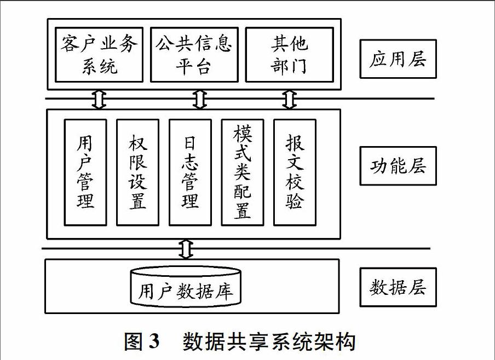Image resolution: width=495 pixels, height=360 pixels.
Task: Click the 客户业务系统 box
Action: (x=99, y=55)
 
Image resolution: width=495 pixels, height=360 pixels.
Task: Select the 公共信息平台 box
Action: (x=194, y=55)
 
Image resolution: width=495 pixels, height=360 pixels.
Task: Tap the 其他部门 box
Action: (x=290, y=55)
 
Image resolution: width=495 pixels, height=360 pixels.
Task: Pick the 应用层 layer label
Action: (x=398, y=59)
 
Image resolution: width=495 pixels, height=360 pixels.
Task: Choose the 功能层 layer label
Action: (x=398, y=166)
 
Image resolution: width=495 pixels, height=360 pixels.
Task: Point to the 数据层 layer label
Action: (x=398, y=287)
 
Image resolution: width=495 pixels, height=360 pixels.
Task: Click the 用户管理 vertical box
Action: (x=85, y=172)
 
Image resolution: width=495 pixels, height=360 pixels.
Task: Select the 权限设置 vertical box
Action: (x=137, y=172)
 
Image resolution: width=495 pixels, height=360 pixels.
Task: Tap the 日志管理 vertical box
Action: (x=190, y=172)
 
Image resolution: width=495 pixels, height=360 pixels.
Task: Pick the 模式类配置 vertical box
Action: (x=243, y=172)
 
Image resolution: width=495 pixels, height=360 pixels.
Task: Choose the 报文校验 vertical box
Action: (x=295, y=172)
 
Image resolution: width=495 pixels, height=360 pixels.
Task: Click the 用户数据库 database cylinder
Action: (x=186, y=287)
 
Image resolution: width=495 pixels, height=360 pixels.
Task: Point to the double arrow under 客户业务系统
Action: (x=99, y=99)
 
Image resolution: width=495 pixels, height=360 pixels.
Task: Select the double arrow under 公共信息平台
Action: (x=199, y=99)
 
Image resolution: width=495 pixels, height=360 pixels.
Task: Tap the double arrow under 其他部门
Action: (x=290, y=99)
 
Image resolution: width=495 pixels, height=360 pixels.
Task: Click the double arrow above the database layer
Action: (x=186, y=249)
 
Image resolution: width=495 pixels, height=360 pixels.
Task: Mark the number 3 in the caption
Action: (x=153, y=341)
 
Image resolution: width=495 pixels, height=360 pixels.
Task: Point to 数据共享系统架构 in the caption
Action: (x=269, y=341)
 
